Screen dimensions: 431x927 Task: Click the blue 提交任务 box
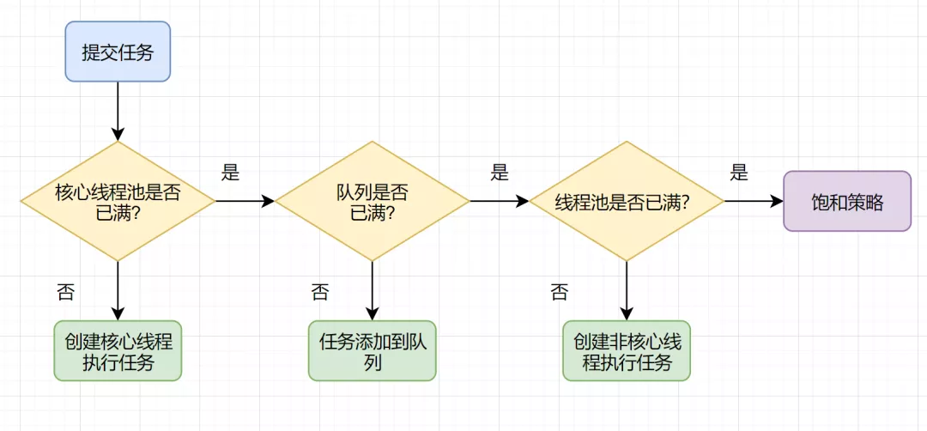[118, 51]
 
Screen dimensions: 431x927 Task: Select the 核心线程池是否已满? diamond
[118, 201]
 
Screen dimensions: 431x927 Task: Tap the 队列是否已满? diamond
[372, 201]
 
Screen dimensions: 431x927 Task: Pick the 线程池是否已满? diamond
[626, 201]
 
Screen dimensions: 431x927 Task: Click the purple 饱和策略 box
[847, 201]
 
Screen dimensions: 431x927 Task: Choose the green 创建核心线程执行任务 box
[118, 350]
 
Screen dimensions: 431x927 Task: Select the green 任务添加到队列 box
[372, 350]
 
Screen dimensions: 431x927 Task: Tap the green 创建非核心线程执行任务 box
[626, 350]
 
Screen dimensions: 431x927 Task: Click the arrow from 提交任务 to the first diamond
[118, 110]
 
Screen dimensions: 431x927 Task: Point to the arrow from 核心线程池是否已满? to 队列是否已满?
[245, 201]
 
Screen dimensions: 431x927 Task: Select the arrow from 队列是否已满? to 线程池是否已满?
[499, 201]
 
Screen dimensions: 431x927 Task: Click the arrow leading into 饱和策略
[754, 201]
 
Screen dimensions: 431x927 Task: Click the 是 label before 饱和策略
[739, 173]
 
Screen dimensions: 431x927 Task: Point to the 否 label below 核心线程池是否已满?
[65, 292]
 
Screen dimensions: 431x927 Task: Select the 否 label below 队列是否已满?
[319, 292]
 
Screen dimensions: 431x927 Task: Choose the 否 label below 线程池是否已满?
[559, 292]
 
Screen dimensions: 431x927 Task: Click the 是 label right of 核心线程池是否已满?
[230, 173]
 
